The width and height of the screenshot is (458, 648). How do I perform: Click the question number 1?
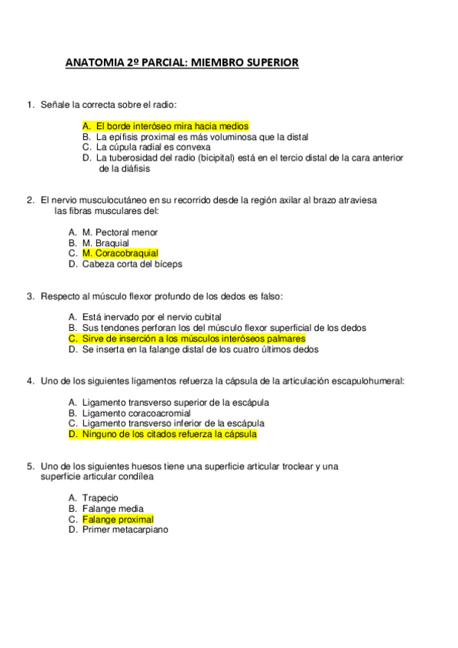[x=29, y=104]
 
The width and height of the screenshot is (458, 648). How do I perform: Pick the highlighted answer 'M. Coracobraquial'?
[x=120, y=253]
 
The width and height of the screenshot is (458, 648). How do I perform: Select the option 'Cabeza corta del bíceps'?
[x=132, y=264]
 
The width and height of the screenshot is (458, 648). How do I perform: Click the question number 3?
[x=29, y=296]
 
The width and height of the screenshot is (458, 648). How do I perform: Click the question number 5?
[x=29, y=465]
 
